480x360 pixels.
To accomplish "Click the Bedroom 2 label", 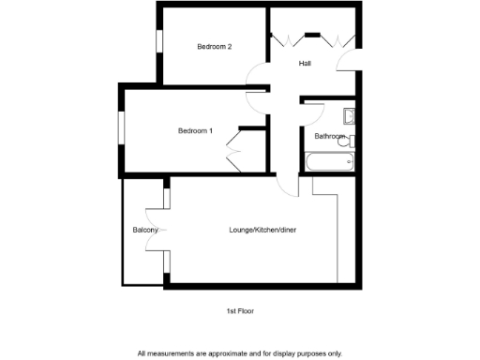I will click(x=214, y=47).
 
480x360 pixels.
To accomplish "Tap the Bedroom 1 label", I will click(x=195, y=130).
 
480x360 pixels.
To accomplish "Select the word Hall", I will click(x=305, y=64).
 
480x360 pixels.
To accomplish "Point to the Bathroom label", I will click(x=329, y=136).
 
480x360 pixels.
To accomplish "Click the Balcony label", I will click(x=143, y=230).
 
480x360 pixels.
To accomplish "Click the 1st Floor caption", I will click(x=239, y=310).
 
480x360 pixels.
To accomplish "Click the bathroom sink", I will click(x=349, y=116).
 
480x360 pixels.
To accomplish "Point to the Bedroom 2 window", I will click(x=159, y=43).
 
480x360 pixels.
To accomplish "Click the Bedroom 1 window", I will click(x=120, y=129).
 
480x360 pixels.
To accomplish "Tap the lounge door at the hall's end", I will click(x=287, y=185).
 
